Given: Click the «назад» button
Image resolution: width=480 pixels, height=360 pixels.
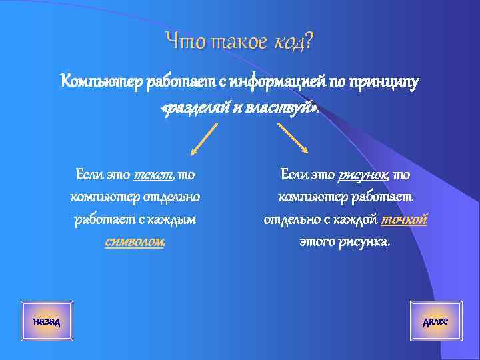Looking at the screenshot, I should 47,322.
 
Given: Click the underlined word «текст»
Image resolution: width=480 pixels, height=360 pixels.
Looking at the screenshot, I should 153,175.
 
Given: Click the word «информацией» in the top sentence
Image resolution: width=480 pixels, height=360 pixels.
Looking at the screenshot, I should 276,82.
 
